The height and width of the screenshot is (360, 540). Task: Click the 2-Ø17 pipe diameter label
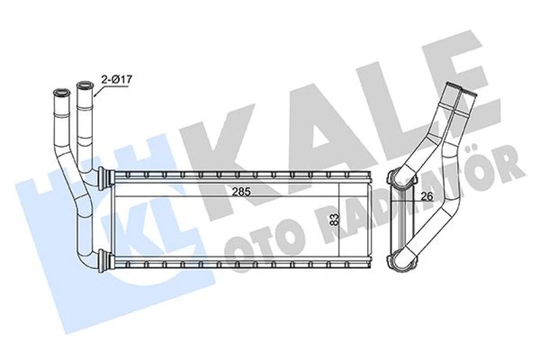[117, 79]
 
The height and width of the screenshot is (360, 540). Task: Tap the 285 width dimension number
[241, 191]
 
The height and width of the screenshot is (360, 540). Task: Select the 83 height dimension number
[334, 219]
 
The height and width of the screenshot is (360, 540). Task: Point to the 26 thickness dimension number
[426, 196]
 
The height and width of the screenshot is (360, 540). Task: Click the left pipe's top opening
[62, 92]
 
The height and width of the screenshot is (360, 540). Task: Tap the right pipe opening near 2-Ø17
[85, 85]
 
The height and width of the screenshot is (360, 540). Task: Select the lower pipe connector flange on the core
[105, 260]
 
